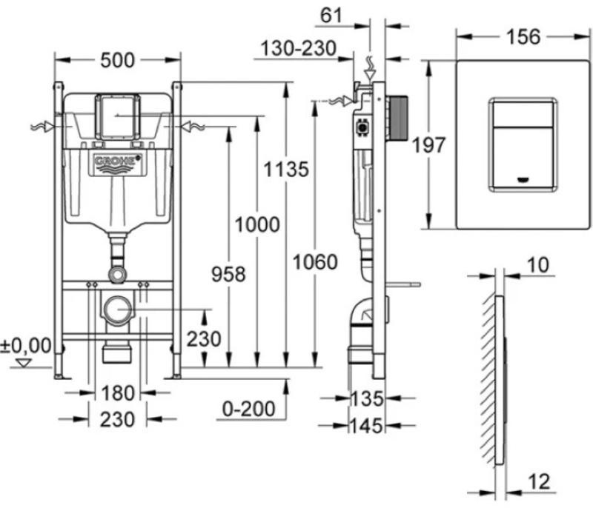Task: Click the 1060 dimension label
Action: click(315, 261)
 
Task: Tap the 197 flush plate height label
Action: click(429, 146)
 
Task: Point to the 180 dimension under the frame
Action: click(119, 392)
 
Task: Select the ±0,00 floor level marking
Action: click(26, 345)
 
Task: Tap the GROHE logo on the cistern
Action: click(117, 161)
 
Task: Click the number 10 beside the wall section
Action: click(540, 264)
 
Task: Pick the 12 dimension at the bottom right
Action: click(542, 483)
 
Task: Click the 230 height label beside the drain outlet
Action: click(203, 339)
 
